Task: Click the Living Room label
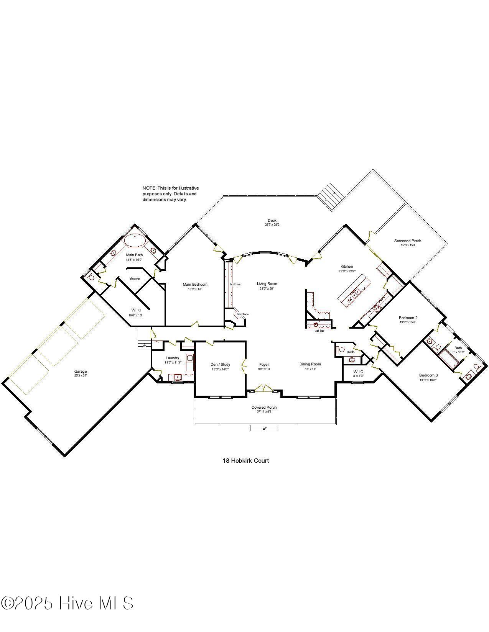point(267,284)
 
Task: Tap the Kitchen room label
point(347,266)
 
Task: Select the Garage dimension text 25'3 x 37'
point(81,376)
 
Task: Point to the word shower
point(135,278)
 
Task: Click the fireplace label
point(243,314)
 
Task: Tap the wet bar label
point(319,331)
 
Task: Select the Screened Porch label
point(408,241)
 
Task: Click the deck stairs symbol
point(330,196)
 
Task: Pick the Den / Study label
point(220,364)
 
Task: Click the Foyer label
point(264,364)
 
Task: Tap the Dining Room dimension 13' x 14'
point(310,369)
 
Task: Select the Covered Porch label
point(264,407)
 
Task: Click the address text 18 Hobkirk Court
point(245,460)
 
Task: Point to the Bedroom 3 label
point(428,375)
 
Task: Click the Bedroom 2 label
point(408,318)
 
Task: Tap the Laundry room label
point(172,358)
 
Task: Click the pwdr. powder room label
point(350,352)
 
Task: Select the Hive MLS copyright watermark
point(67,603)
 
